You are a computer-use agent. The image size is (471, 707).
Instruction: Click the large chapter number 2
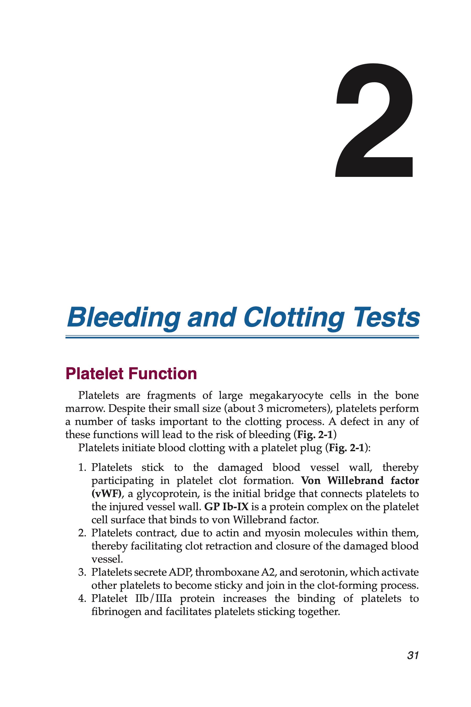(374, 120)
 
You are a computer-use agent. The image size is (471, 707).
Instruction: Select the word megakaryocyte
(286, 395)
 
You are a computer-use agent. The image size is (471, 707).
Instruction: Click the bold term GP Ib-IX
(226, 507)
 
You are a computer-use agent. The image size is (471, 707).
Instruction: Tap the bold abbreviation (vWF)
(108, 494)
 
